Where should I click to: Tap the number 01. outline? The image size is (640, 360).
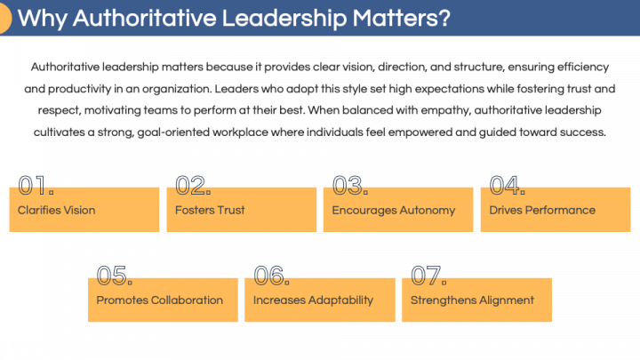tap(36, 186)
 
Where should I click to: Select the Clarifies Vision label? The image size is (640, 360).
tap(56, 211)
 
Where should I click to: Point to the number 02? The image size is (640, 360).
tap(193, 186)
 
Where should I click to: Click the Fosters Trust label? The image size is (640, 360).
tap(210, 211)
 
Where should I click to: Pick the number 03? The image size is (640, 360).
tap(350, 186)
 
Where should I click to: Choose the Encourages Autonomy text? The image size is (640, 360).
tap(393, 211)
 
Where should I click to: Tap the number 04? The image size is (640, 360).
tap(508, 186)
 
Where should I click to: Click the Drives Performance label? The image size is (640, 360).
tap(542, 211)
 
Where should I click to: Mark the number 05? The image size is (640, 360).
tap(115, 276)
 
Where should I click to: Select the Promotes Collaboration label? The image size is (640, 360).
tap(160, 300)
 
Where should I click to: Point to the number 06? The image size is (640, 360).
tap(272, 276)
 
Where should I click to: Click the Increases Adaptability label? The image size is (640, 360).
tap(313, 300)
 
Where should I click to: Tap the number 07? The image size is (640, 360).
tap(428, 276)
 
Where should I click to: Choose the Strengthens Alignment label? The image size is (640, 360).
tap(472, 300)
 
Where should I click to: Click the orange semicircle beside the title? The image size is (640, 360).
tap(4, 19)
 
